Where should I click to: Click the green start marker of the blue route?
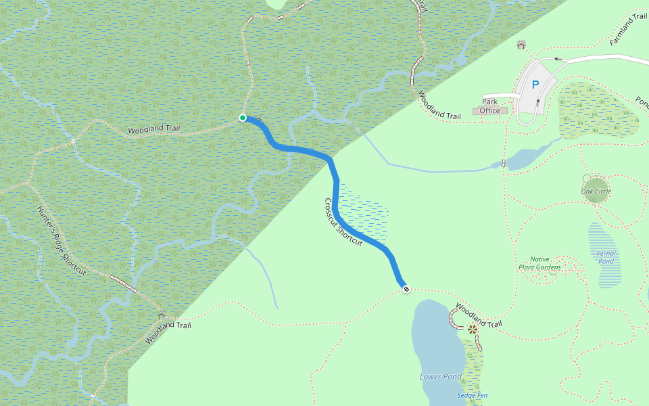tap(243, 118)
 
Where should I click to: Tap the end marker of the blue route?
tap(406, 289)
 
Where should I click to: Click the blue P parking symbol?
tap(535, 85)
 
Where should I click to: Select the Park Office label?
tap(490, 106)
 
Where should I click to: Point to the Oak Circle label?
tap(596, 191)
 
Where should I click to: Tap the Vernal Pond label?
tap(606, 257)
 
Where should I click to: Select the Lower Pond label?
tap(440, 376)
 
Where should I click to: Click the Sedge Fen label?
tap(472, 395)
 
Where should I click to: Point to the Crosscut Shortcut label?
tap(343, 222)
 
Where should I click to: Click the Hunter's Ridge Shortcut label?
tap(62, 240)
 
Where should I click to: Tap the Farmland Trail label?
tap(628, 29)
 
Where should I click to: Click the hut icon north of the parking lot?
tap(521, 45)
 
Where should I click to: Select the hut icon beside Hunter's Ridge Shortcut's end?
tap(161, 315)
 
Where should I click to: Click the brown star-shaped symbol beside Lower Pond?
tap(472, 330)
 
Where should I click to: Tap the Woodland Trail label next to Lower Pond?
tap(479, 315)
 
